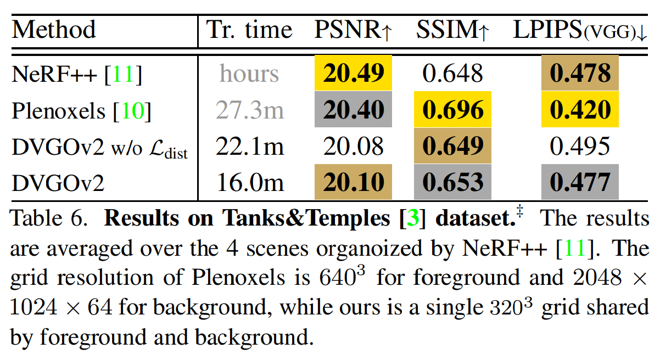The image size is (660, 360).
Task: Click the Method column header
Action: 54,30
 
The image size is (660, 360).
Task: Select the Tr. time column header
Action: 250,30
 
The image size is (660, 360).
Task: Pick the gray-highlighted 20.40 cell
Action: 353,110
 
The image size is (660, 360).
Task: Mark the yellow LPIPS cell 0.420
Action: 580,110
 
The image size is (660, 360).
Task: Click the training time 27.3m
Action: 250,110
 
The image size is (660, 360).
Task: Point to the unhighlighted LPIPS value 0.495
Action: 580,147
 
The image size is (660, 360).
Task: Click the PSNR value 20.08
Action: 353,147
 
